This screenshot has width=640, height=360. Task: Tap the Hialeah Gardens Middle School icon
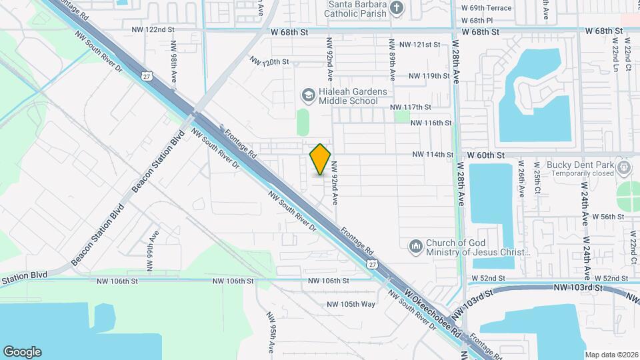pos(308,95)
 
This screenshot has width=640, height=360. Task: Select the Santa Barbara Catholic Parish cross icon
pos(397,9)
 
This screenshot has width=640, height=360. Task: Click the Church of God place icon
pos(416,247)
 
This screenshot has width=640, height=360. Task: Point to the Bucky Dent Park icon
pos(624,166)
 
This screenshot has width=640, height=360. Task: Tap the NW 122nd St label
pos(153,30)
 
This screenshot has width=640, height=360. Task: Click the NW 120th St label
pos(269,61)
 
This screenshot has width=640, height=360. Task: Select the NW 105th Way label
pos(351,305)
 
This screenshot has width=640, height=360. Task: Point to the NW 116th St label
pos(431,123)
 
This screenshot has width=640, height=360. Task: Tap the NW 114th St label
pos(433,155)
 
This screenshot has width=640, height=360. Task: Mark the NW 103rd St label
pos(577,287)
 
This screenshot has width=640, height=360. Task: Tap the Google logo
pos(22,351)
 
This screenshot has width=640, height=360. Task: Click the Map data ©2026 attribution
pos(611,355)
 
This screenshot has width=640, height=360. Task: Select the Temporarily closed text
pos(580,173)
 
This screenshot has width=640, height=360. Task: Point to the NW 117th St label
pos(411,107)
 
